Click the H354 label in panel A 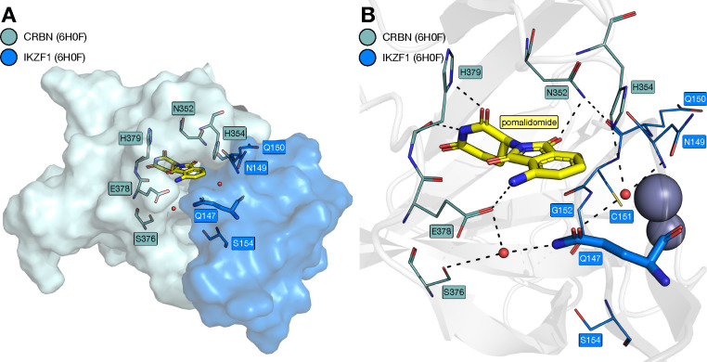[234, 135]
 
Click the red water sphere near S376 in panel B [504, 252]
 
